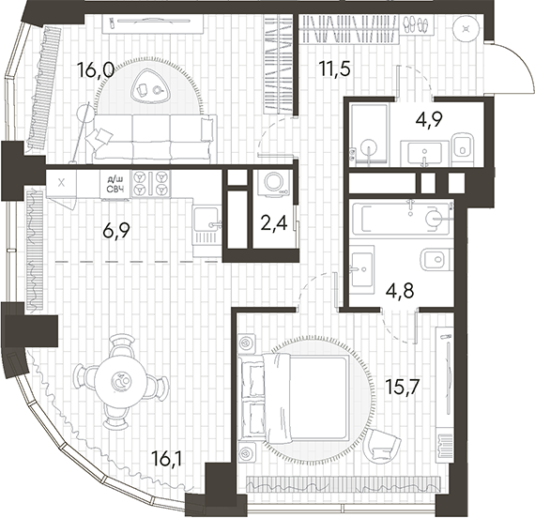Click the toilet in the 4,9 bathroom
tap(465, 145)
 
